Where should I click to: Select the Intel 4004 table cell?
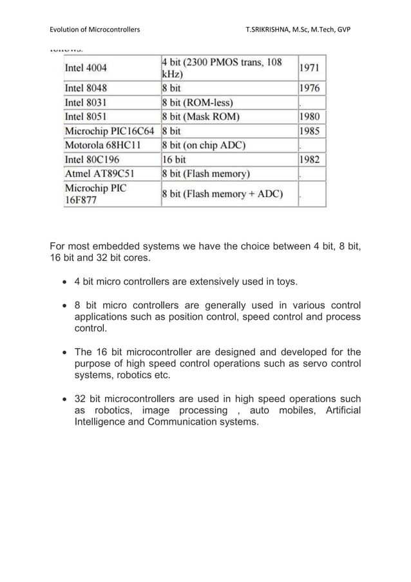click(86, 67)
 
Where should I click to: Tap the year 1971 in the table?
click(311, 67)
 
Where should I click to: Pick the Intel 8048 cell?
click(86, 88)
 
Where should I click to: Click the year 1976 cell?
click(311, 88)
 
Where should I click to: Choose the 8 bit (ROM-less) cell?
click(198, 102)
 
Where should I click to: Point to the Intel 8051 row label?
click(86, 117)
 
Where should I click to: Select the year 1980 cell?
click(311, 117)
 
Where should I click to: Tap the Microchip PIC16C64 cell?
click(110, 131)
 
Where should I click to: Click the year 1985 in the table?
click(311, 131)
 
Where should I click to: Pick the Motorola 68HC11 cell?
click(103, 145)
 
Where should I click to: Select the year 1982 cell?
click(311, 159)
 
